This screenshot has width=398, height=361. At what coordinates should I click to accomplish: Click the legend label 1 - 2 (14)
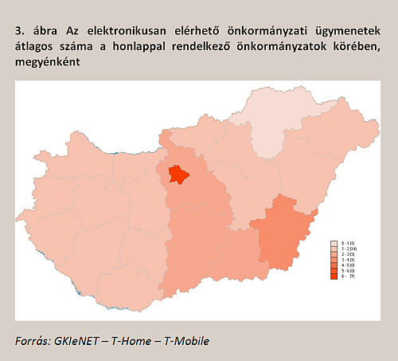point(348,248)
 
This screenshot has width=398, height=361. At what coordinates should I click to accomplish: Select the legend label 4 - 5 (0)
point(348,264)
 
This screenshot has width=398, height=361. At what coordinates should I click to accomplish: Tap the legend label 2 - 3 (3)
point(348,253)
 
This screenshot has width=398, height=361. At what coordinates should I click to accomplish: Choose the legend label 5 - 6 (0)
point(348,269)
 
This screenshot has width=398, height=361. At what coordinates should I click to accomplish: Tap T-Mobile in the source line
point(189,341)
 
